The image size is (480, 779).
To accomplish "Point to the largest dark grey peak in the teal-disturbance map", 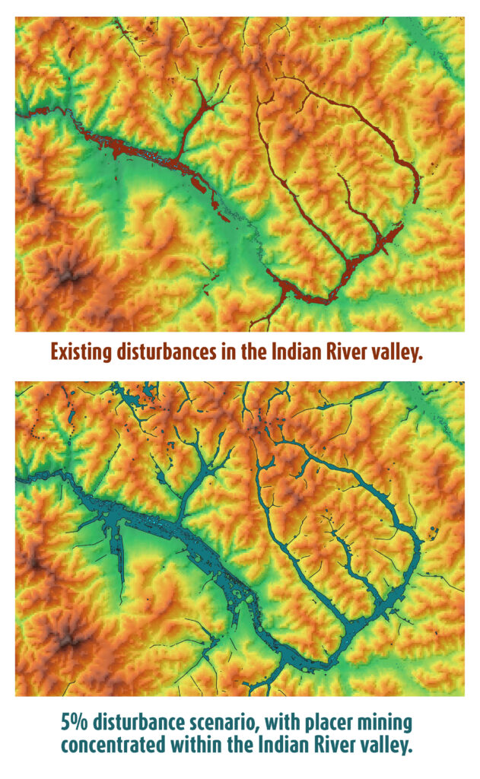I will pos(67,636).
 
